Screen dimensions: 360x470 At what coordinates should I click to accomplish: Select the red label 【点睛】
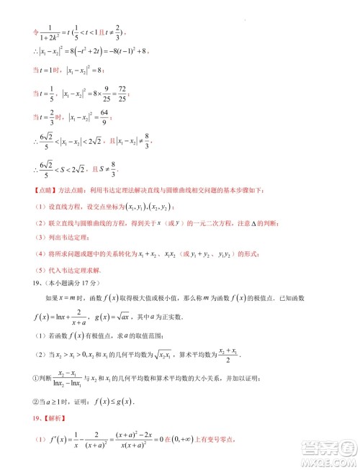[x=32, y=190]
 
